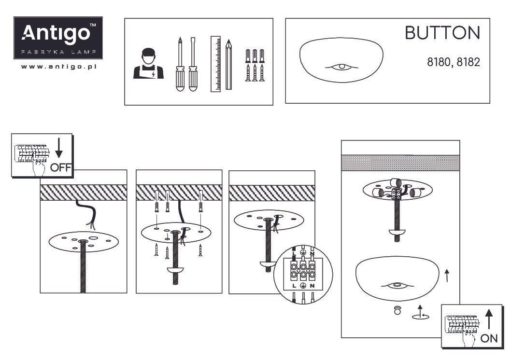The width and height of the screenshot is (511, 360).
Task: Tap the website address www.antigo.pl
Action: point(58,67)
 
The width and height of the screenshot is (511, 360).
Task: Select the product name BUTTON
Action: point(442,33)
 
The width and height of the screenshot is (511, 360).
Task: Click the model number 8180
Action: point(439,62)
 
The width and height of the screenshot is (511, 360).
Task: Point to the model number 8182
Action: point(468,62)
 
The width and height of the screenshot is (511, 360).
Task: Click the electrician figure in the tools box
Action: point(148,64)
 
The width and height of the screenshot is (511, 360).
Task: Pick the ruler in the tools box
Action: point(215,64)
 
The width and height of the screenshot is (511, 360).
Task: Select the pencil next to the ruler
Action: point(228,65)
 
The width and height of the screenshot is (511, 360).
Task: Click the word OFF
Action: point(61,167)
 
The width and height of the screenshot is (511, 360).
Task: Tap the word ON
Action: point(489,338)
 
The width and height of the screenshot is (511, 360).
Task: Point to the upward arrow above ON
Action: point(489,319)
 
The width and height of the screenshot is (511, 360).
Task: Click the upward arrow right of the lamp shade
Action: point(447,276)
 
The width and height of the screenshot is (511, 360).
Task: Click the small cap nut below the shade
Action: point(397,310)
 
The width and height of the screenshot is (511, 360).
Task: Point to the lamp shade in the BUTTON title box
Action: point(341,60)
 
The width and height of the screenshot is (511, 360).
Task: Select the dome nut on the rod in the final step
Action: point(397,232)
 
